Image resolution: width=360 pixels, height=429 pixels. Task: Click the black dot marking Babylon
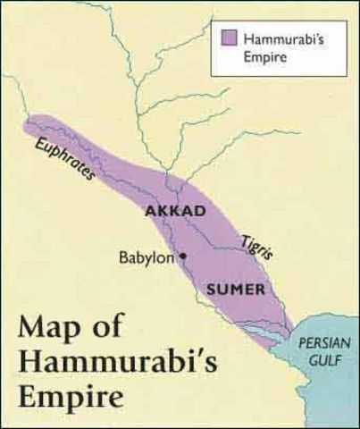184,256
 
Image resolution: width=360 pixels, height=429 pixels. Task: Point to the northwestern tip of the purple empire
28,122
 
